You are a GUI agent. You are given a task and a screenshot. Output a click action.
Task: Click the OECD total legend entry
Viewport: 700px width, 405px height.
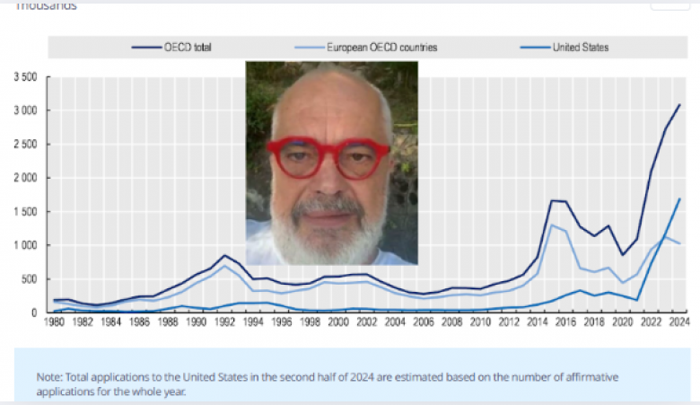click(x=188, y=47)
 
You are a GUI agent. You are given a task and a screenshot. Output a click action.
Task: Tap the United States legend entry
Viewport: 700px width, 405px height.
click(x=580, y=47)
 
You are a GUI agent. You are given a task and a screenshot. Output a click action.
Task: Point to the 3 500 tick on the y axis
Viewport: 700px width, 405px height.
click(x=24, y=77)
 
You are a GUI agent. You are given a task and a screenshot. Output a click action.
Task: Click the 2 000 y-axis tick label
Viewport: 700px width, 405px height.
click(x=24, y=178)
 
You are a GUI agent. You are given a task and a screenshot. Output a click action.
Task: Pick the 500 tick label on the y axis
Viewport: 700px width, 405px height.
click(x=30, y=279)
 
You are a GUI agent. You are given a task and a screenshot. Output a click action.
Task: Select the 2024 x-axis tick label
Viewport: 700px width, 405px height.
click(x=679, y=322)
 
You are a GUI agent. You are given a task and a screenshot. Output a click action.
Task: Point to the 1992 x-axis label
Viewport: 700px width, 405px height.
click(x=225, y=322)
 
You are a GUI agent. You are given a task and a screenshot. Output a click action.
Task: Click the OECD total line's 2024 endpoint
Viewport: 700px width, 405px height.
click(x=679, y=105)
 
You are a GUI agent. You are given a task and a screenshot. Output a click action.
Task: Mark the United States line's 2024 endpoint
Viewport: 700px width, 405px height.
click(x=679, y=198)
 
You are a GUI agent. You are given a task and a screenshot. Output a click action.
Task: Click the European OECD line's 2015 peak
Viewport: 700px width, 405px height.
click(x=551, y=225)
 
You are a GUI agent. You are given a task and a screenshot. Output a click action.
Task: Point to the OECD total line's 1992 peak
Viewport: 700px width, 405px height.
click(x=225, y=255)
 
